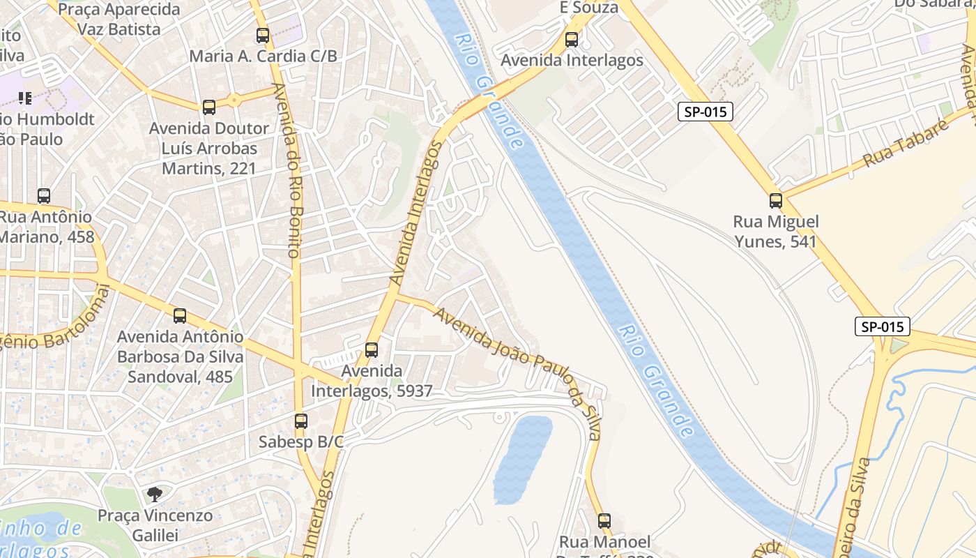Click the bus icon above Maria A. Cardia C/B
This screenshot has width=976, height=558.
(x=263, y=36)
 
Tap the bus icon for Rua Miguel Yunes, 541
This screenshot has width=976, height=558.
(x=776, y=201)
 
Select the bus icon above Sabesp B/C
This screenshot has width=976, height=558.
(x=301, y=421)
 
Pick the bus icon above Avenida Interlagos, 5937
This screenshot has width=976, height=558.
(x=372, y=350)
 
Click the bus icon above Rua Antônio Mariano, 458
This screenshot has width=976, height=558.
(x=44, y=196)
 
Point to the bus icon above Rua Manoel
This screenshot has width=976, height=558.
(x=604, y=521)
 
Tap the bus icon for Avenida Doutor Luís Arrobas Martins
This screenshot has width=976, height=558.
(x=209, y=107)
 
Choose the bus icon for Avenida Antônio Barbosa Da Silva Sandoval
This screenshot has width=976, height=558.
(x=180, y=316)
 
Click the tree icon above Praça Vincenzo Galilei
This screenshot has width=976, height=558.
(x=155, y=495)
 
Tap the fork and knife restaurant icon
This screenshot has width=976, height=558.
(x=25, y=98)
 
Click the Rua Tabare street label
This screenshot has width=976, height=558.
(x=906, y=144)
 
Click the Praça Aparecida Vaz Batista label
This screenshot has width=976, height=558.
(x=119, y=20)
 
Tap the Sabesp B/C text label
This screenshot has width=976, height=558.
(x=301, y=442)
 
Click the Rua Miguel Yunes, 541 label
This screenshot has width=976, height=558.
(x=776, y=232)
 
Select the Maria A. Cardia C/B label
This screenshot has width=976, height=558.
(x=263, y=56)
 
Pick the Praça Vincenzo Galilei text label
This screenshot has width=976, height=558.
(x=155, y=525)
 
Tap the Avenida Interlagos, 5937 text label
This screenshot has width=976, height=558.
(x=372, y=381)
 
